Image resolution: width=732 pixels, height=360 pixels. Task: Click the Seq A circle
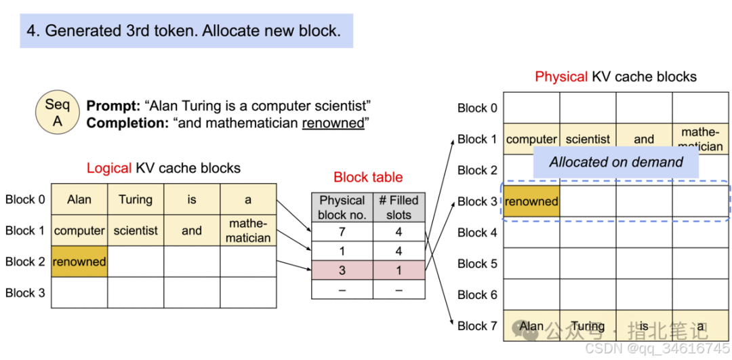click(x=58, y=113)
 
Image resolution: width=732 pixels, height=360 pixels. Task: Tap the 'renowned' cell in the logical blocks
click(x=79, y=262)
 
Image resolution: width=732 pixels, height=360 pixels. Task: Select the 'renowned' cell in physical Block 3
click(x=531, y=201)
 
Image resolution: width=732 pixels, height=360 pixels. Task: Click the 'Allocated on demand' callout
click(x=615, y=162)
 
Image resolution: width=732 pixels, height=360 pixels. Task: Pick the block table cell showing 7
click(x=342, y=232)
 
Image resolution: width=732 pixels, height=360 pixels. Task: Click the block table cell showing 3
click(x=342, y=271)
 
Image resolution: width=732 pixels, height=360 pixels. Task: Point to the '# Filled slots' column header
click(x=399, y=207)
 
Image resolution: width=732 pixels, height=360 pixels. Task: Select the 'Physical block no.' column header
click(x=342, y=207)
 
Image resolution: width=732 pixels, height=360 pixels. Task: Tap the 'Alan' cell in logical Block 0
click(x=79, y=199)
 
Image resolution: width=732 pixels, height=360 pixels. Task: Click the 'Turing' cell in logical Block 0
click(x=136, y=199)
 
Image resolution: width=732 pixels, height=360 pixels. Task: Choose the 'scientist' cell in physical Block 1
click(x=588, y=139)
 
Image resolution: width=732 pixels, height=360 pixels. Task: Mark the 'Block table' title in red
click(x=368, y=178)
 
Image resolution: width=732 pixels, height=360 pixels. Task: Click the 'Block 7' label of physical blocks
click(x=477, y=326)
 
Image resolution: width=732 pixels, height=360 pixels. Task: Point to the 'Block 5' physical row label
click(x=477, y=264)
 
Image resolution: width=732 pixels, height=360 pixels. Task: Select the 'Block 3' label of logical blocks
click(x=25, y=293)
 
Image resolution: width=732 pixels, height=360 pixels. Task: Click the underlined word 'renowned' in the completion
click(x=333, y=123)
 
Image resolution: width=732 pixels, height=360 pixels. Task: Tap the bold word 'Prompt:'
click(x=113, y=106)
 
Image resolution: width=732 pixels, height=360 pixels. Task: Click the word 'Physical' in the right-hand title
click(x=561, y=77)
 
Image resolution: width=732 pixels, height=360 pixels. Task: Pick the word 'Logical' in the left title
click(x=109, y=168)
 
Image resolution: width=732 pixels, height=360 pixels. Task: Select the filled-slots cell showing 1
click(x=399, y=271)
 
